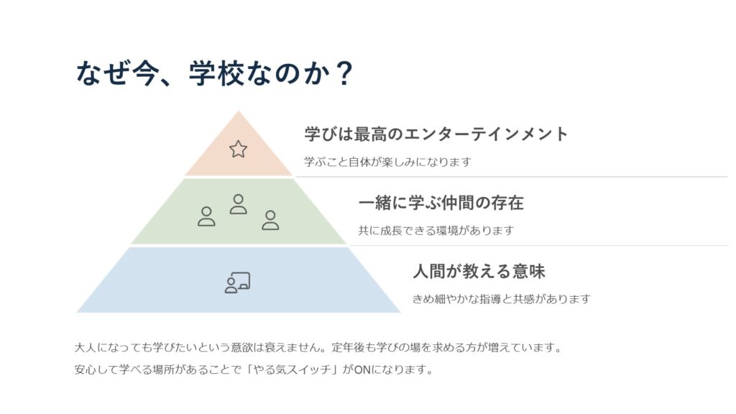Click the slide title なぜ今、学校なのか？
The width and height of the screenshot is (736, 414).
point(214,73)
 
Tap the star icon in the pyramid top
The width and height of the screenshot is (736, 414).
point(239,149)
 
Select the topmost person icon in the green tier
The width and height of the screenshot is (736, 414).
point(239,204)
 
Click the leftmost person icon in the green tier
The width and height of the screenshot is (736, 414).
point(206,216)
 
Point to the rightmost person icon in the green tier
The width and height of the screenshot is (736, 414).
point(270,220)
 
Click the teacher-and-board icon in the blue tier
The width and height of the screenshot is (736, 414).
point(237,282)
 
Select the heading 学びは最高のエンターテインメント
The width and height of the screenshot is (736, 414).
point(436,134)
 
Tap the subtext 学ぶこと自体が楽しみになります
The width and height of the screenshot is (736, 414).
point(387,162)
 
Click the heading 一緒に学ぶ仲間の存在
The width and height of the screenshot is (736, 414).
point(441,203)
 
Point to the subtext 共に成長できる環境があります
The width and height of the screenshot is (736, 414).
point(436,231)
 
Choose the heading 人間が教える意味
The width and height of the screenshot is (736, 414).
point(479,271)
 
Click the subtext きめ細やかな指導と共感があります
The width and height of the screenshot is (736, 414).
point(501,299)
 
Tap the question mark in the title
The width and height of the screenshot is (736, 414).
point(344,73)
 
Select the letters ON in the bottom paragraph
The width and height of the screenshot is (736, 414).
point(362,370)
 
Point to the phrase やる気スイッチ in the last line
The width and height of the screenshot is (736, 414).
point(292,370)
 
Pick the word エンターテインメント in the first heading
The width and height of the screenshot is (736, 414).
point(486,134)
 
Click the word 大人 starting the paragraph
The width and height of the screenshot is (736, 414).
point(86,348)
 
